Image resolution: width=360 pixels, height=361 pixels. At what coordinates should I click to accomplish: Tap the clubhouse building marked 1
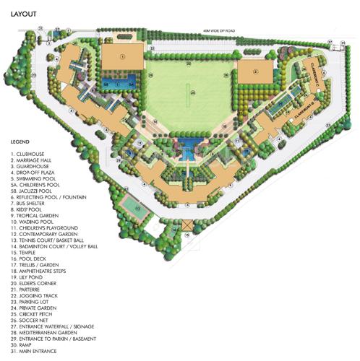pos(121,58)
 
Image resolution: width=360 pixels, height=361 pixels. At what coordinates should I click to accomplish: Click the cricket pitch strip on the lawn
pos(191,92)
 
